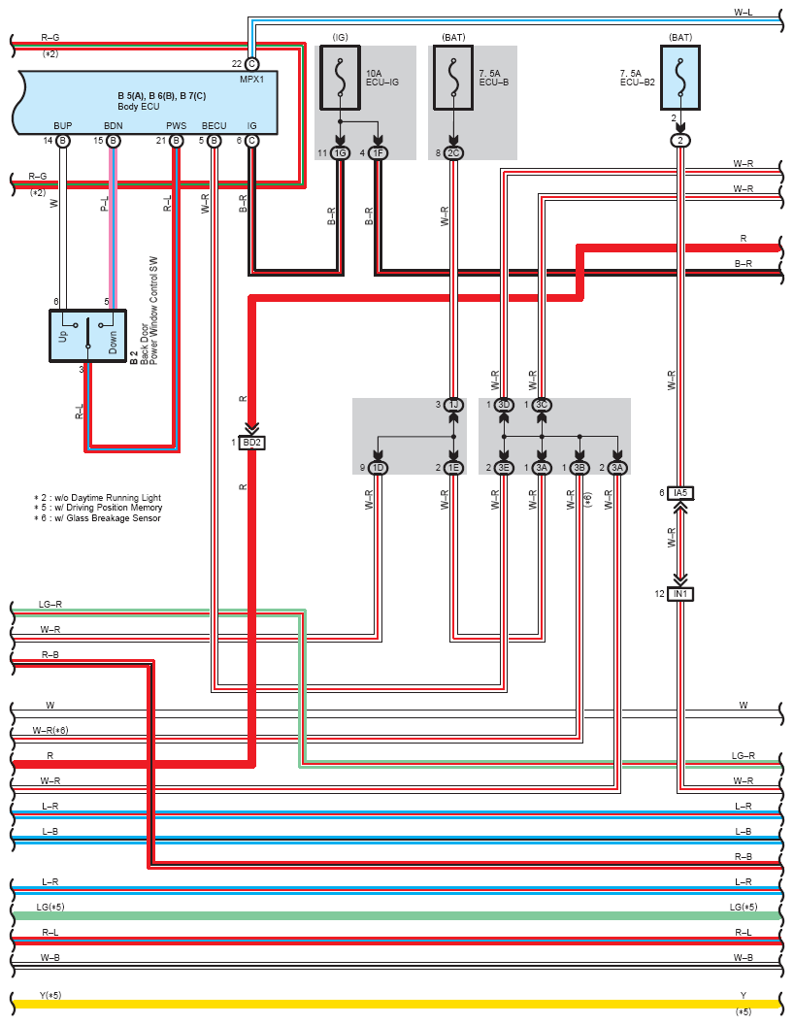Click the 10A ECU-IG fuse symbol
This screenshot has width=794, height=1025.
coord(340,78)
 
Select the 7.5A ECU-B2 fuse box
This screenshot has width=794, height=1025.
coord(680,78)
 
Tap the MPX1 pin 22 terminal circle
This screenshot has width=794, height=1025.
coord(251,63)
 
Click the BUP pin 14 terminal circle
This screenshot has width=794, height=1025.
coord(63,141)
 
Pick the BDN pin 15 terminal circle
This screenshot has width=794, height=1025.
coord(113,141)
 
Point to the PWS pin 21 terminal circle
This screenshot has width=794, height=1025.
coord(176,141)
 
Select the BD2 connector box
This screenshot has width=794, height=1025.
coord(251,443)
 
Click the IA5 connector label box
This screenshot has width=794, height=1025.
coord(680,493)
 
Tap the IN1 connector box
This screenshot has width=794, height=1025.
coord(680,594)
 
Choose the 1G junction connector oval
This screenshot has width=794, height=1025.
coord(340,153)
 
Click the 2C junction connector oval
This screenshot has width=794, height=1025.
coord(453,153)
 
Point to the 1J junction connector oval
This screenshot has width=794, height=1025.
coord(453,405)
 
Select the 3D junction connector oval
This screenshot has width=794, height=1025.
coord(504,405)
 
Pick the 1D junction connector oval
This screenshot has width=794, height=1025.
coord(378,468)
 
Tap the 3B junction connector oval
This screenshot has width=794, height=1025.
coord(579,468)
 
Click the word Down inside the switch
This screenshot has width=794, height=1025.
coord(113,342)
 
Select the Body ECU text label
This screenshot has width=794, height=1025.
coord(139,107)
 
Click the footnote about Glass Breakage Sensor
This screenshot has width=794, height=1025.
coord(97,518)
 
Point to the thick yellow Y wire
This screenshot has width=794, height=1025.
coord(397,1004)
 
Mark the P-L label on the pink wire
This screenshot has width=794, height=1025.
coord(104,203)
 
